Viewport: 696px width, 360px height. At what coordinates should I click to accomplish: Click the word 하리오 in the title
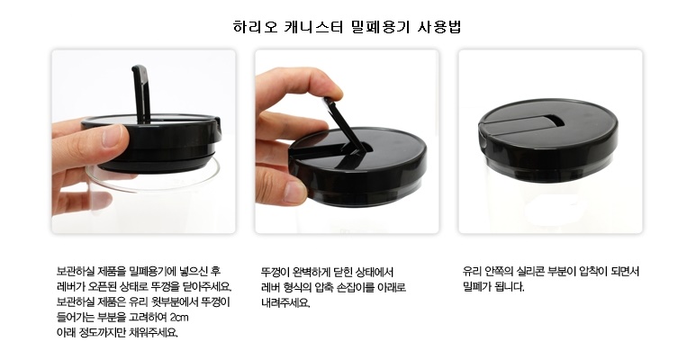(256, 27)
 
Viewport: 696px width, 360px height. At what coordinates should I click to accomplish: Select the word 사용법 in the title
(440, 27)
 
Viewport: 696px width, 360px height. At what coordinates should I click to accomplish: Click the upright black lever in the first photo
(141, 94)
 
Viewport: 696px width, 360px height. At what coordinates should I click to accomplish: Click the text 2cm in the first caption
(179, 318)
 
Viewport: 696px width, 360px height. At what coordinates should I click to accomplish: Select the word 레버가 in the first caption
(68, 286)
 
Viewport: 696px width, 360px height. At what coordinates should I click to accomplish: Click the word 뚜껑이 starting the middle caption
(273, 271)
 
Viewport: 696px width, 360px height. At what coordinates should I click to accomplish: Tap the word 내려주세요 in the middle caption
(285, 302)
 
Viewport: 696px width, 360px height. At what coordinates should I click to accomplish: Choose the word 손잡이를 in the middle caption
(356, 287)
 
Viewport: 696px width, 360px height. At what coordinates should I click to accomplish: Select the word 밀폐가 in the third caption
(475, 287)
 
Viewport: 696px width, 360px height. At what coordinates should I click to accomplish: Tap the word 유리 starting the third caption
(471, 271)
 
